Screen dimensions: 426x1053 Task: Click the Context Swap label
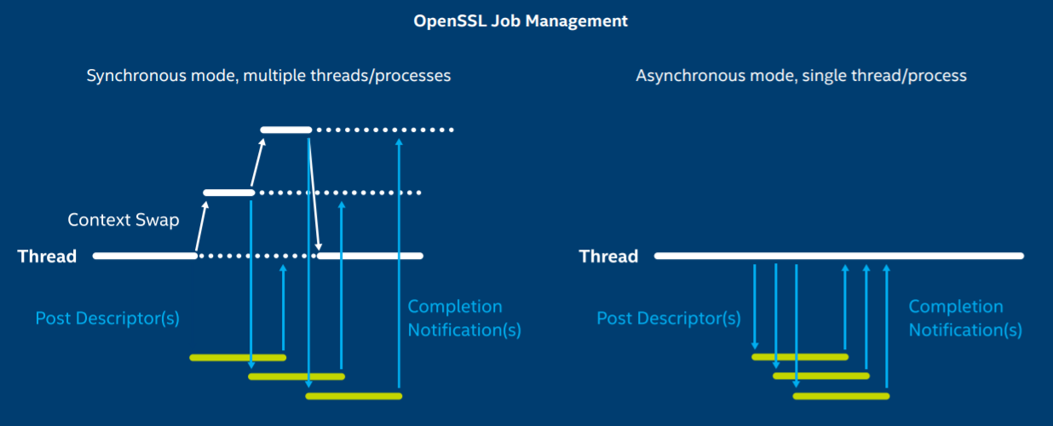click(124, 221)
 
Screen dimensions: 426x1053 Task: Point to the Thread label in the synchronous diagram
click(47, 256)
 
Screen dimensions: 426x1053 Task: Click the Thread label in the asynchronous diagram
click(608, 256)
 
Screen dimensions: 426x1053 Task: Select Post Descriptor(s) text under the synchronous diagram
click(107, 319)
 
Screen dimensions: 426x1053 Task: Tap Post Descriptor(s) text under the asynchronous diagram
click(668, 319)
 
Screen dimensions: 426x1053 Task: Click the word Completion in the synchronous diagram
click(455, 307)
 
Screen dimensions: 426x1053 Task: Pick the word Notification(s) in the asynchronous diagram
click(965, 330)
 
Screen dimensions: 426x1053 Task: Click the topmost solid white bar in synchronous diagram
click(286, 130)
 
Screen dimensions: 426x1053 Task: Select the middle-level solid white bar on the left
click(228, 193)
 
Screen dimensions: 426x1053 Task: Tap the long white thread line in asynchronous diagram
click(839, 256)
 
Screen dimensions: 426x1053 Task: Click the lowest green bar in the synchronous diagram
click(354, 396)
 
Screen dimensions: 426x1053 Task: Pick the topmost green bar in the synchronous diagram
click(237, 357)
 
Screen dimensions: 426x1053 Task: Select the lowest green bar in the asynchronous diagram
click(841, 396)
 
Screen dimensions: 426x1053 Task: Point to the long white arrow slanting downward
click(314, 192)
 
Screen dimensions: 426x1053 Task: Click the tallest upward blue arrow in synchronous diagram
click(399, 264)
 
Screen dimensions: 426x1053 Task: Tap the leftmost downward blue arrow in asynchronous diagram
click(755, 307)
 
